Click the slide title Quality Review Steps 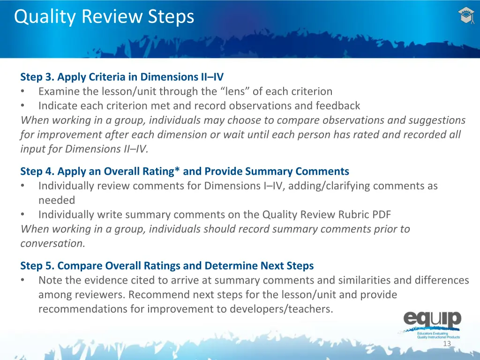click(104, 17)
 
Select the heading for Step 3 click(122, 77)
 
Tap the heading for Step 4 click(184, 172)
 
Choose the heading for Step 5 click(167, 266)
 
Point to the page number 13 click(447, 344)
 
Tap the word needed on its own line click(57, 200)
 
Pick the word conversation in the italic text click(52, 244)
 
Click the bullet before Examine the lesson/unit click(23, 91)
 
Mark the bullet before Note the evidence click(23, 280)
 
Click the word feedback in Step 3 click(337, 105)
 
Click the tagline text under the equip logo click(438, 335)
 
